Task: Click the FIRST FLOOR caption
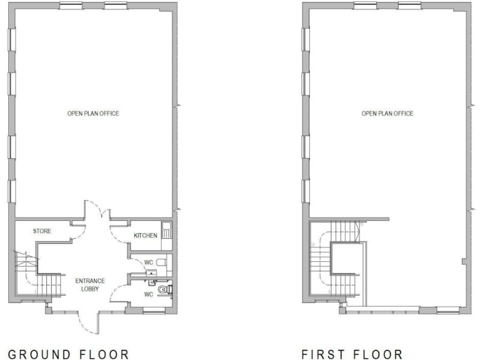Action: (x=352, y=355)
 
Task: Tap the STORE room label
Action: (x=42, y=231)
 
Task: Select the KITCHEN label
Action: (x=146, y=236)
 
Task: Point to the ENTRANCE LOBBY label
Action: (x=89, y=284)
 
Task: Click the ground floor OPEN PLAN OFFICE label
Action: (x=93, y=114)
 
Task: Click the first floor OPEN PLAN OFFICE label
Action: (x=387, y=114)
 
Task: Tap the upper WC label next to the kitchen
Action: (x=149, y=261)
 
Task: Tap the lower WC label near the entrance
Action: (x=149, y=294)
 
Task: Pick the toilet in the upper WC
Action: (x=161, y=261)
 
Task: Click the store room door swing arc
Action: (x=77, y=234)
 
